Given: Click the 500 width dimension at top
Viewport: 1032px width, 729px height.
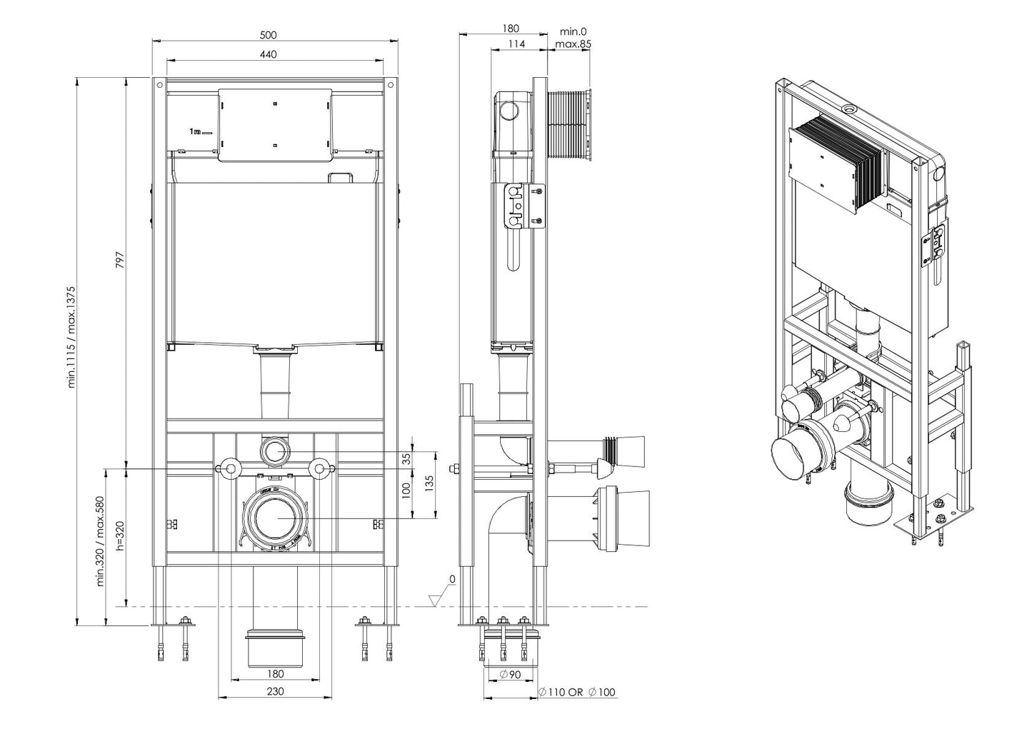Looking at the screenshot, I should [x=268, y=34].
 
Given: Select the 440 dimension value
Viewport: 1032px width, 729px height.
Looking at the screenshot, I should [x=268, y=54].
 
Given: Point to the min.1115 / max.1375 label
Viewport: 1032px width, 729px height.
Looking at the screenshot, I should [x=71, y=337].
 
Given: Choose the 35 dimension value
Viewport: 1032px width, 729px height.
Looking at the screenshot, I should [x=407, y=459].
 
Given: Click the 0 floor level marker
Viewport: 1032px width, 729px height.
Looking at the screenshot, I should [x=451, y=578].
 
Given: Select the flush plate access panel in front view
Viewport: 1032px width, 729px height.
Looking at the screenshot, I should [x=276, y=125].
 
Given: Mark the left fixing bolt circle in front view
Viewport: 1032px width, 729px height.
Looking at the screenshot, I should [x=230, y=468].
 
